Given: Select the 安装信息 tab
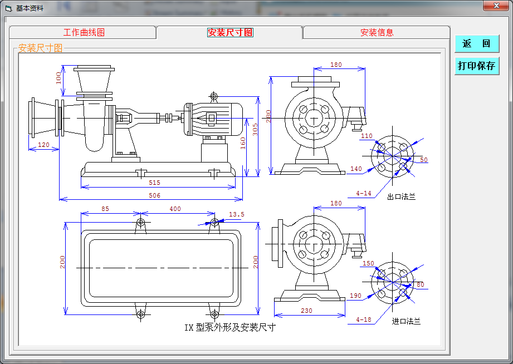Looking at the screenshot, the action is tap(377, 32).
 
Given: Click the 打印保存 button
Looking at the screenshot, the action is tap(477, 66).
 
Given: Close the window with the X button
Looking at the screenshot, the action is tap(496, 5).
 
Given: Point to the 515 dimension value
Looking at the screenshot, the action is tap(154, 183).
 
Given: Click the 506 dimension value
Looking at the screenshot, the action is tap(154, 195).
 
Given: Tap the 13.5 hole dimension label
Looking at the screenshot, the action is tap(236, 214).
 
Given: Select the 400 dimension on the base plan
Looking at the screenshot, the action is tap(175, 209).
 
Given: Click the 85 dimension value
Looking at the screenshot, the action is tap(105, 209).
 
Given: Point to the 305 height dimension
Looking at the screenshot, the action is tap(255, 129).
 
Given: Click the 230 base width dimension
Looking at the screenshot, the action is tap(306, 311).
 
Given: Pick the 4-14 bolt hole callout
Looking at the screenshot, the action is tap(364, 193).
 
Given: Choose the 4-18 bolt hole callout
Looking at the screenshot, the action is tap(364, 319).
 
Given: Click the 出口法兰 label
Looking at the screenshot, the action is tap(401, 196).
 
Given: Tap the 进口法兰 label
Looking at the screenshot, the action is tap(406, 322).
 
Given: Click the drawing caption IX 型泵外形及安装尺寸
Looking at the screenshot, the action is tap(230, 327).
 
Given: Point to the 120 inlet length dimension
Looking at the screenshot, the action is tap(43, 145).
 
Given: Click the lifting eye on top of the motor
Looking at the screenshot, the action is tap(213, 97).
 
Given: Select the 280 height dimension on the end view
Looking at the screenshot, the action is tap(268, 116).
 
